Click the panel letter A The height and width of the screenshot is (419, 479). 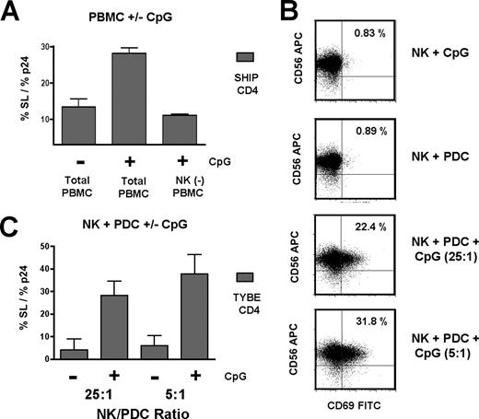(13, 13)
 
